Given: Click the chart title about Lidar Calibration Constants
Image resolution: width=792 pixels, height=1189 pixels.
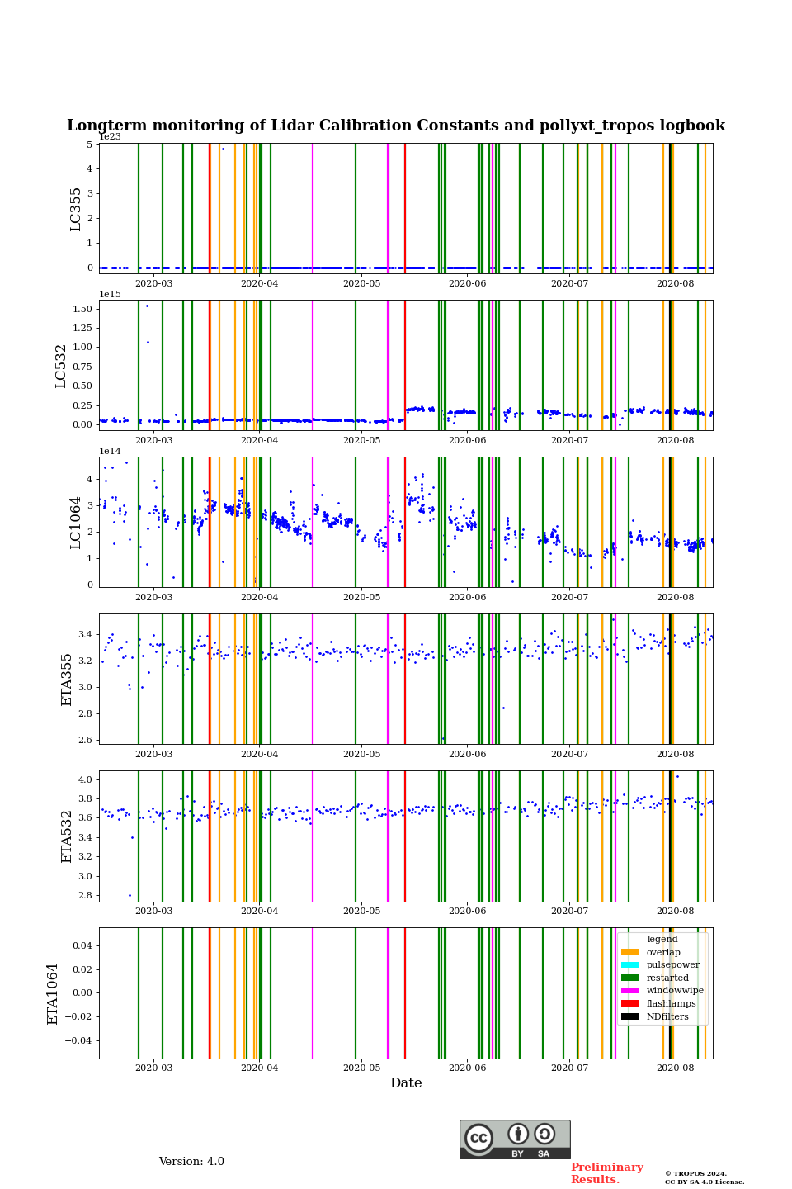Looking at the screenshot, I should click(x=396, y=126).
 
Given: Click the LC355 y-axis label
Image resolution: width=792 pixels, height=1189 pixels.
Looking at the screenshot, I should click(x=76, y=209).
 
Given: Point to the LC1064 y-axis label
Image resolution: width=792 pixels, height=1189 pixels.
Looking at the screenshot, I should click(x=76, y=523).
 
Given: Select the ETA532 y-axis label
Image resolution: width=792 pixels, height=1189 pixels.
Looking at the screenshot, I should click(x=68, y=836).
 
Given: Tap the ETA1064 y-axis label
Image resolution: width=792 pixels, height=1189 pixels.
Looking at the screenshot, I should click(x=53, y=993).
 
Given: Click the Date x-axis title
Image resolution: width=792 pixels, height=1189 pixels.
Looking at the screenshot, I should click(x=406, y=1083).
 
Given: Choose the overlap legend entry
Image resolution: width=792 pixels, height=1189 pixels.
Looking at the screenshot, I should click(x=663, y=952).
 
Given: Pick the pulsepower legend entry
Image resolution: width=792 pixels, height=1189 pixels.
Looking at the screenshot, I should click(x=672, y=964).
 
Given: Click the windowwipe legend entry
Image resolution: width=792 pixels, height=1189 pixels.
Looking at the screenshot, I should click(x=675, y=991).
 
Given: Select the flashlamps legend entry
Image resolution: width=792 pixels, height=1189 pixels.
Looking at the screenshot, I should click(x=671, y=1003).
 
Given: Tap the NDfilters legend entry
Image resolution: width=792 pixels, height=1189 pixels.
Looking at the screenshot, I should click(x=667, y=1016).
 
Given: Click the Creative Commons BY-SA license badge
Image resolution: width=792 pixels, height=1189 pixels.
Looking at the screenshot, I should click(x=515, y=1139).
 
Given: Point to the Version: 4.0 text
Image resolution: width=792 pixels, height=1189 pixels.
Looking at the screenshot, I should click(x=191, y=1162).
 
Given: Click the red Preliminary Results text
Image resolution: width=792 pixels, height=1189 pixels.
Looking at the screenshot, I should click(x=606, y=1173).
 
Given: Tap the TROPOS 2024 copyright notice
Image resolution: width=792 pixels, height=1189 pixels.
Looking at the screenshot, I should click(x=705, y=1177).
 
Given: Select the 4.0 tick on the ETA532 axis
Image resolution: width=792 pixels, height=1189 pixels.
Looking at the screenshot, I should click(x=85, y=779).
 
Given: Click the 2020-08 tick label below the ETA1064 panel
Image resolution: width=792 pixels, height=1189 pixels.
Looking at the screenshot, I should click(x=675, y=1068).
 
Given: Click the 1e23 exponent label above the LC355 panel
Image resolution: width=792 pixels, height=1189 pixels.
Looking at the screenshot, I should click(x=110, y=137).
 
